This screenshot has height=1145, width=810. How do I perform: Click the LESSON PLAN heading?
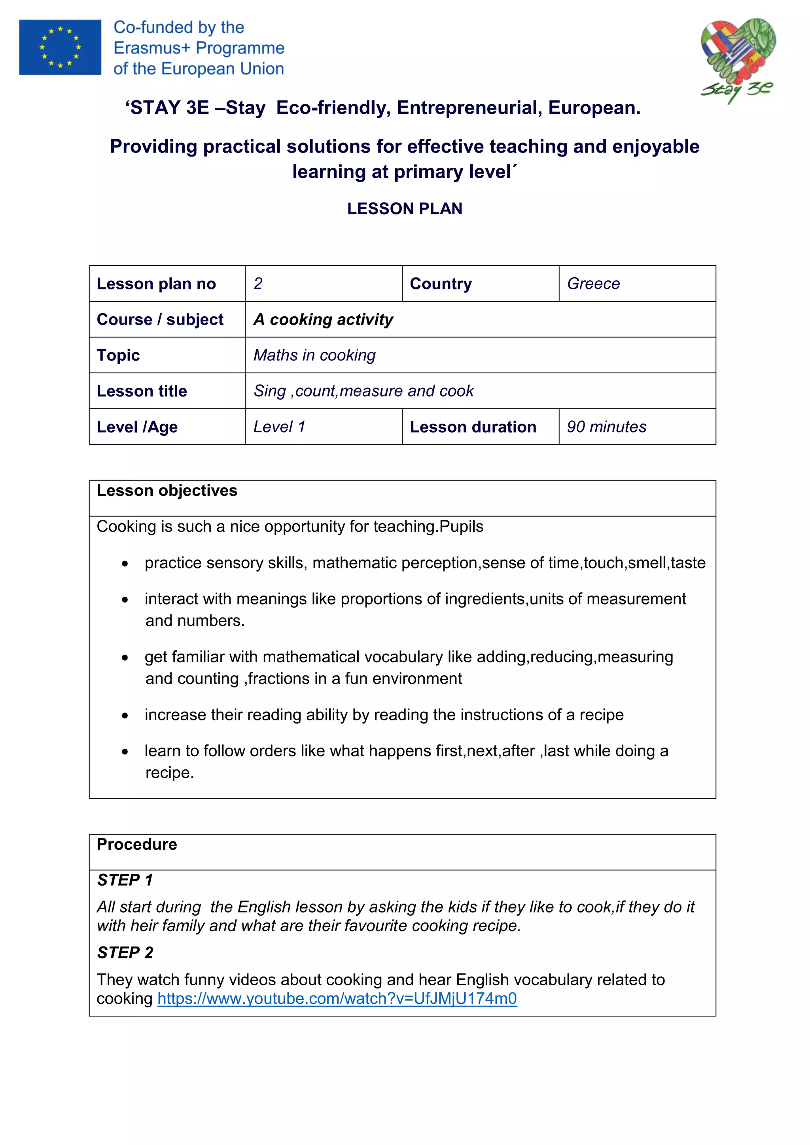click(x=405, y=208)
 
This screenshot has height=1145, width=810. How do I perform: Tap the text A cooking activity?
click(x=323, y=319)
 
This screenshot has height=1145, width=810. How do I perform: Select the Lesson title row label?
click(x=142, y=391)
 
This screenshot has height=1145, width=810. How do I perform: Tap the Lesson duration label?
click(x=473, y=427)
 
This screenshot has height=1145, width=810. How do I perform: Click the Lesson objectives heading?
click(x=167, y=491)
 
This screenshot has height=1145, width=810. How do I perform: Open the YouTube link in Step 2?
click(x=337, y=998)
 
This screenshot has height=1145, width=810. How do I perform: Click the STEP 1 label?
click(x=125, y=880)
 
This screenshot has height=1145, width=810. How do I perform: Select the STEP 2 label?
click(x=125, y=952)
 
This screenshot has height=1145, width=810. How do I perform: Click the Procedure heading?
click(x=137, y=844)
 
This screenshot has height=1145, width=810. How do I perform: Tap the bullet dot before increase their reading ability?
click(x=125, y=716)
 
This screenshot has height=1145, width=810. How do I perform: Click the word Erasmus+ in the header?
click(x=153, y=48)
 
